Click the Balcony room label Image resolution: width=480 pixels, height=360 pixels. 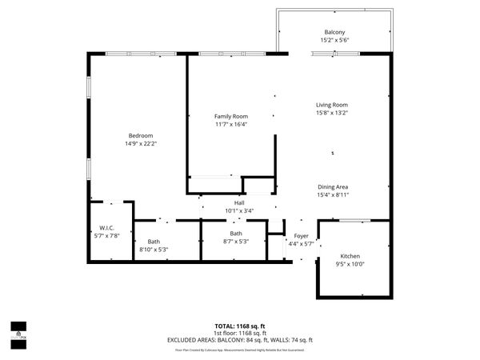334,32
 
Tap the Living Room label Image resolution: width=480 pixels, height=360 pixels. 331,104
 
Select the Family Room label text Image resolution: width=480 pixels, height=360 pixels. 230,116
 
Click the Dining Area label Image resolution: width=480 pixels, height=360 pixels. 332,186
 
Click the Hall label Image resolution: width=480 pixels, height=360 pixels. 238,203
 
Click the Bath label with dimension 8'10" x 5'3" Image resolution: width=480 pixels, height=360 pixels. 154,242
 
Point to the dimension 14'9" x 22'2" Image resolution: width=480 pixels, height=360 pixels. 140,144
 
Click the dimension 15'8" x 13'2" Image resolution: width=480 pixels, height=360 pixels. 331,113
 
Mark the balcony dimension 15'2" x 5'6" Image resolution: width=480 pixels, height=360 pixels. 334,41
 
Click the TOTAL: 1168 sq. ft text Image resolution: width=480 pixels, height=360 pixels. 240,326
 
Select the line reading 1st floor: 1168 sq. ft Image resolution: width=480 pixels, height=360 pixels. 240,333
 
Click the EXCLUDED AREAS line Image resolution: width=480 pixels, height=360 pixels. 240,340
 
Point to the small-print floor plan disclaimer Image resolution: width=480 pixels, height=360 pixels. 240,350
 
